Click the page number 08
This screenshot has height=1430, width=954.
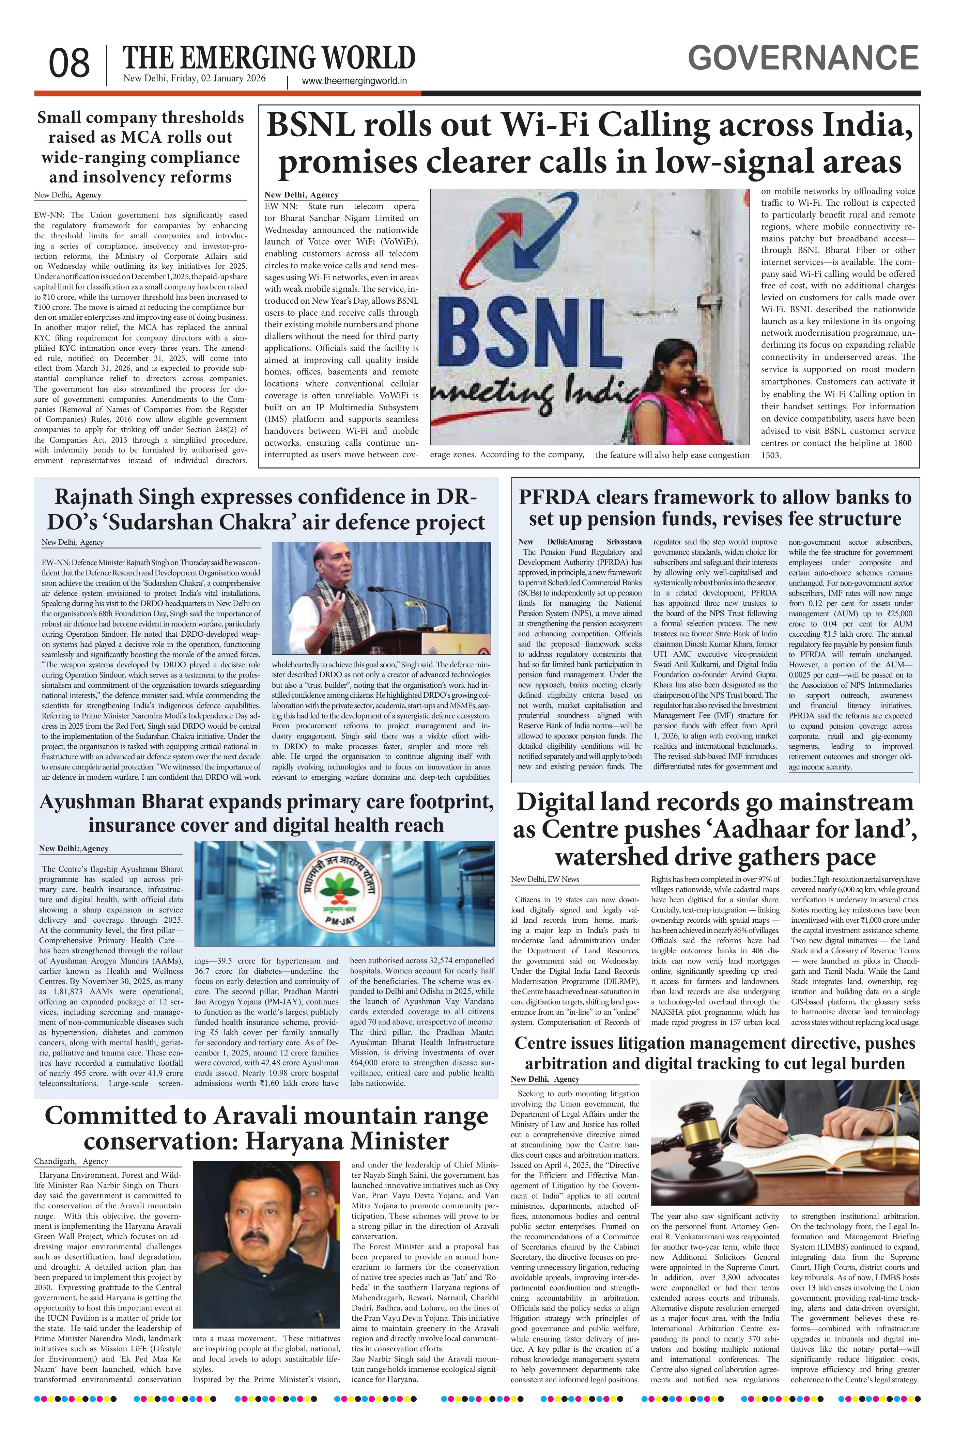70,64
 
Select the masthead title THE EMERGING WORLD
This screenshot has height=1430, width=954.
269,58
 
